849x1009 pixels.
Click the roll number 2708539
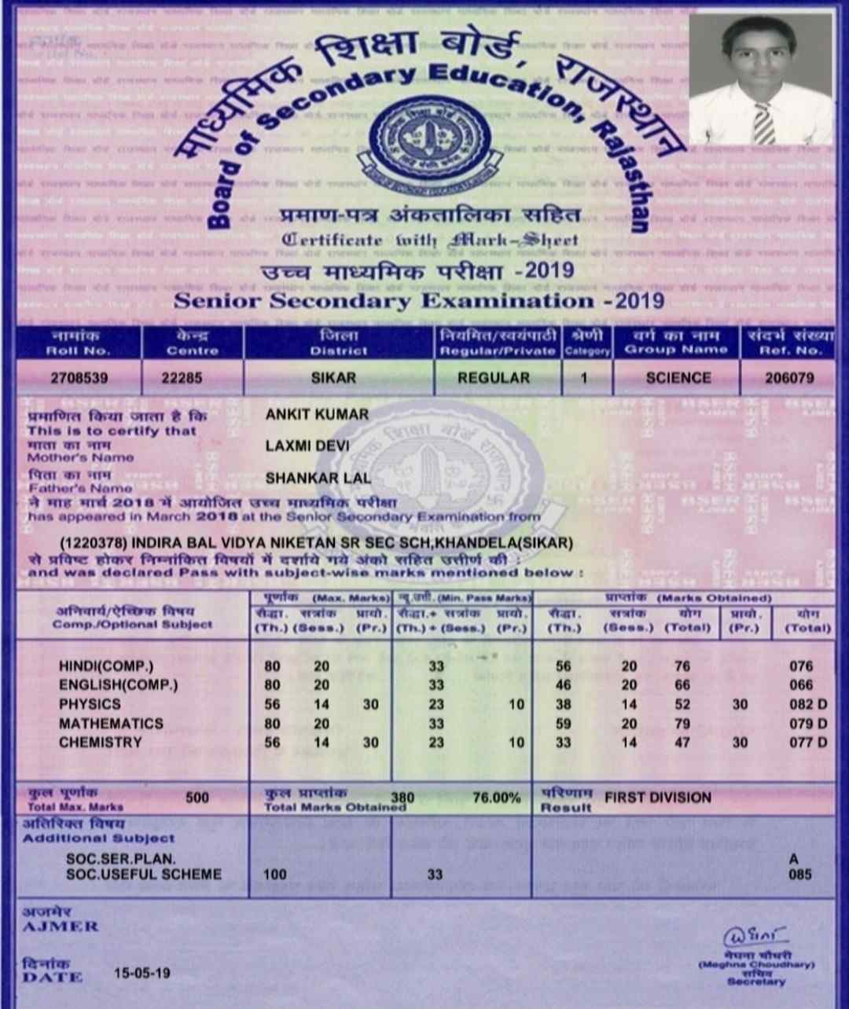point(79,378)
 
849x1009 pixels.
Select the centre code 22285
point(182,378)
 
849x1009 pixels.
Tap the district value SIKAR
point(333,378)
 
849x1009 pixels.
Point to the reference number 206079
point(789,378)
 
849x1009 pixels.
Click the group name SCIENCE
point(678,378)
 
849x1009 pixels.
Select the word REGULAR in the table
point(494,378)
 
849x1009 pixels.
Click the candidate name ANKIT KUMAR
point(317,414)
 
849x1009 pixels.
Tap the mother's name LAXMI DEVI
point(307,446)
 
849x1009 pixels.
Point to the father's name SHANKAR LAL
point(318,478)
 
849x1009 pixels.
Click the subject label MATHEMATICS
point(111,723)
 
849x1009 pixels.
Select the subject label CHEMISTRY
point(100,742)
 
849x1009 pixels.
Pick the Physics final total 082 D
point(808,704)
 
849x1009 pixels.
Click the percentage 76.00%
point(496,798)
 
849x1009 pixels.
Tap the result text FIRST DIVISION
point(657,798)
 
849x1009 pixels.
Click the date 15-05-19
point(141,973)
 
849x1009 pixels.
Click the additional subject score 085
point(800,874)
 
